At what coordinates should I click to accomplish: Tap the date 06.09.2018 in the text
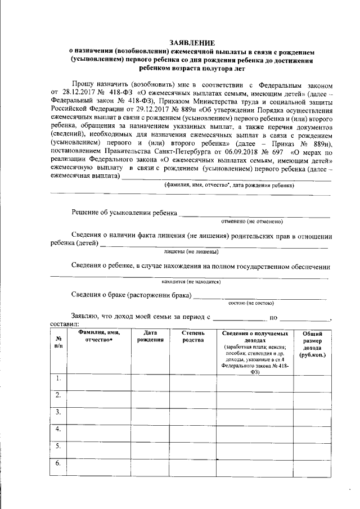coord(246,151)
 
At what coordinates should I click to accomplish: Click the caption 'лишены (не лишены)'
coord(191,251)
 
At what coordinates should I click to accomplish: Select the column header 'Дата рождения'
coord(150,336)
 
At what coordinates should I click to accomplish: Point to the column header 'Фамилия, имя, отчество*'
coord(99,336)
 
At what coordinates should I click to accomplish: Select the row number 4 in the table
coord(58,429)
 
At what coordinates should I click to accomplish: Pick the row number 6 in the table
coord(58,463)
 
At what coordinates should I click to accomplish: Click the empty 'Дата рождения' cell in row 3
coord(150,415)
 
